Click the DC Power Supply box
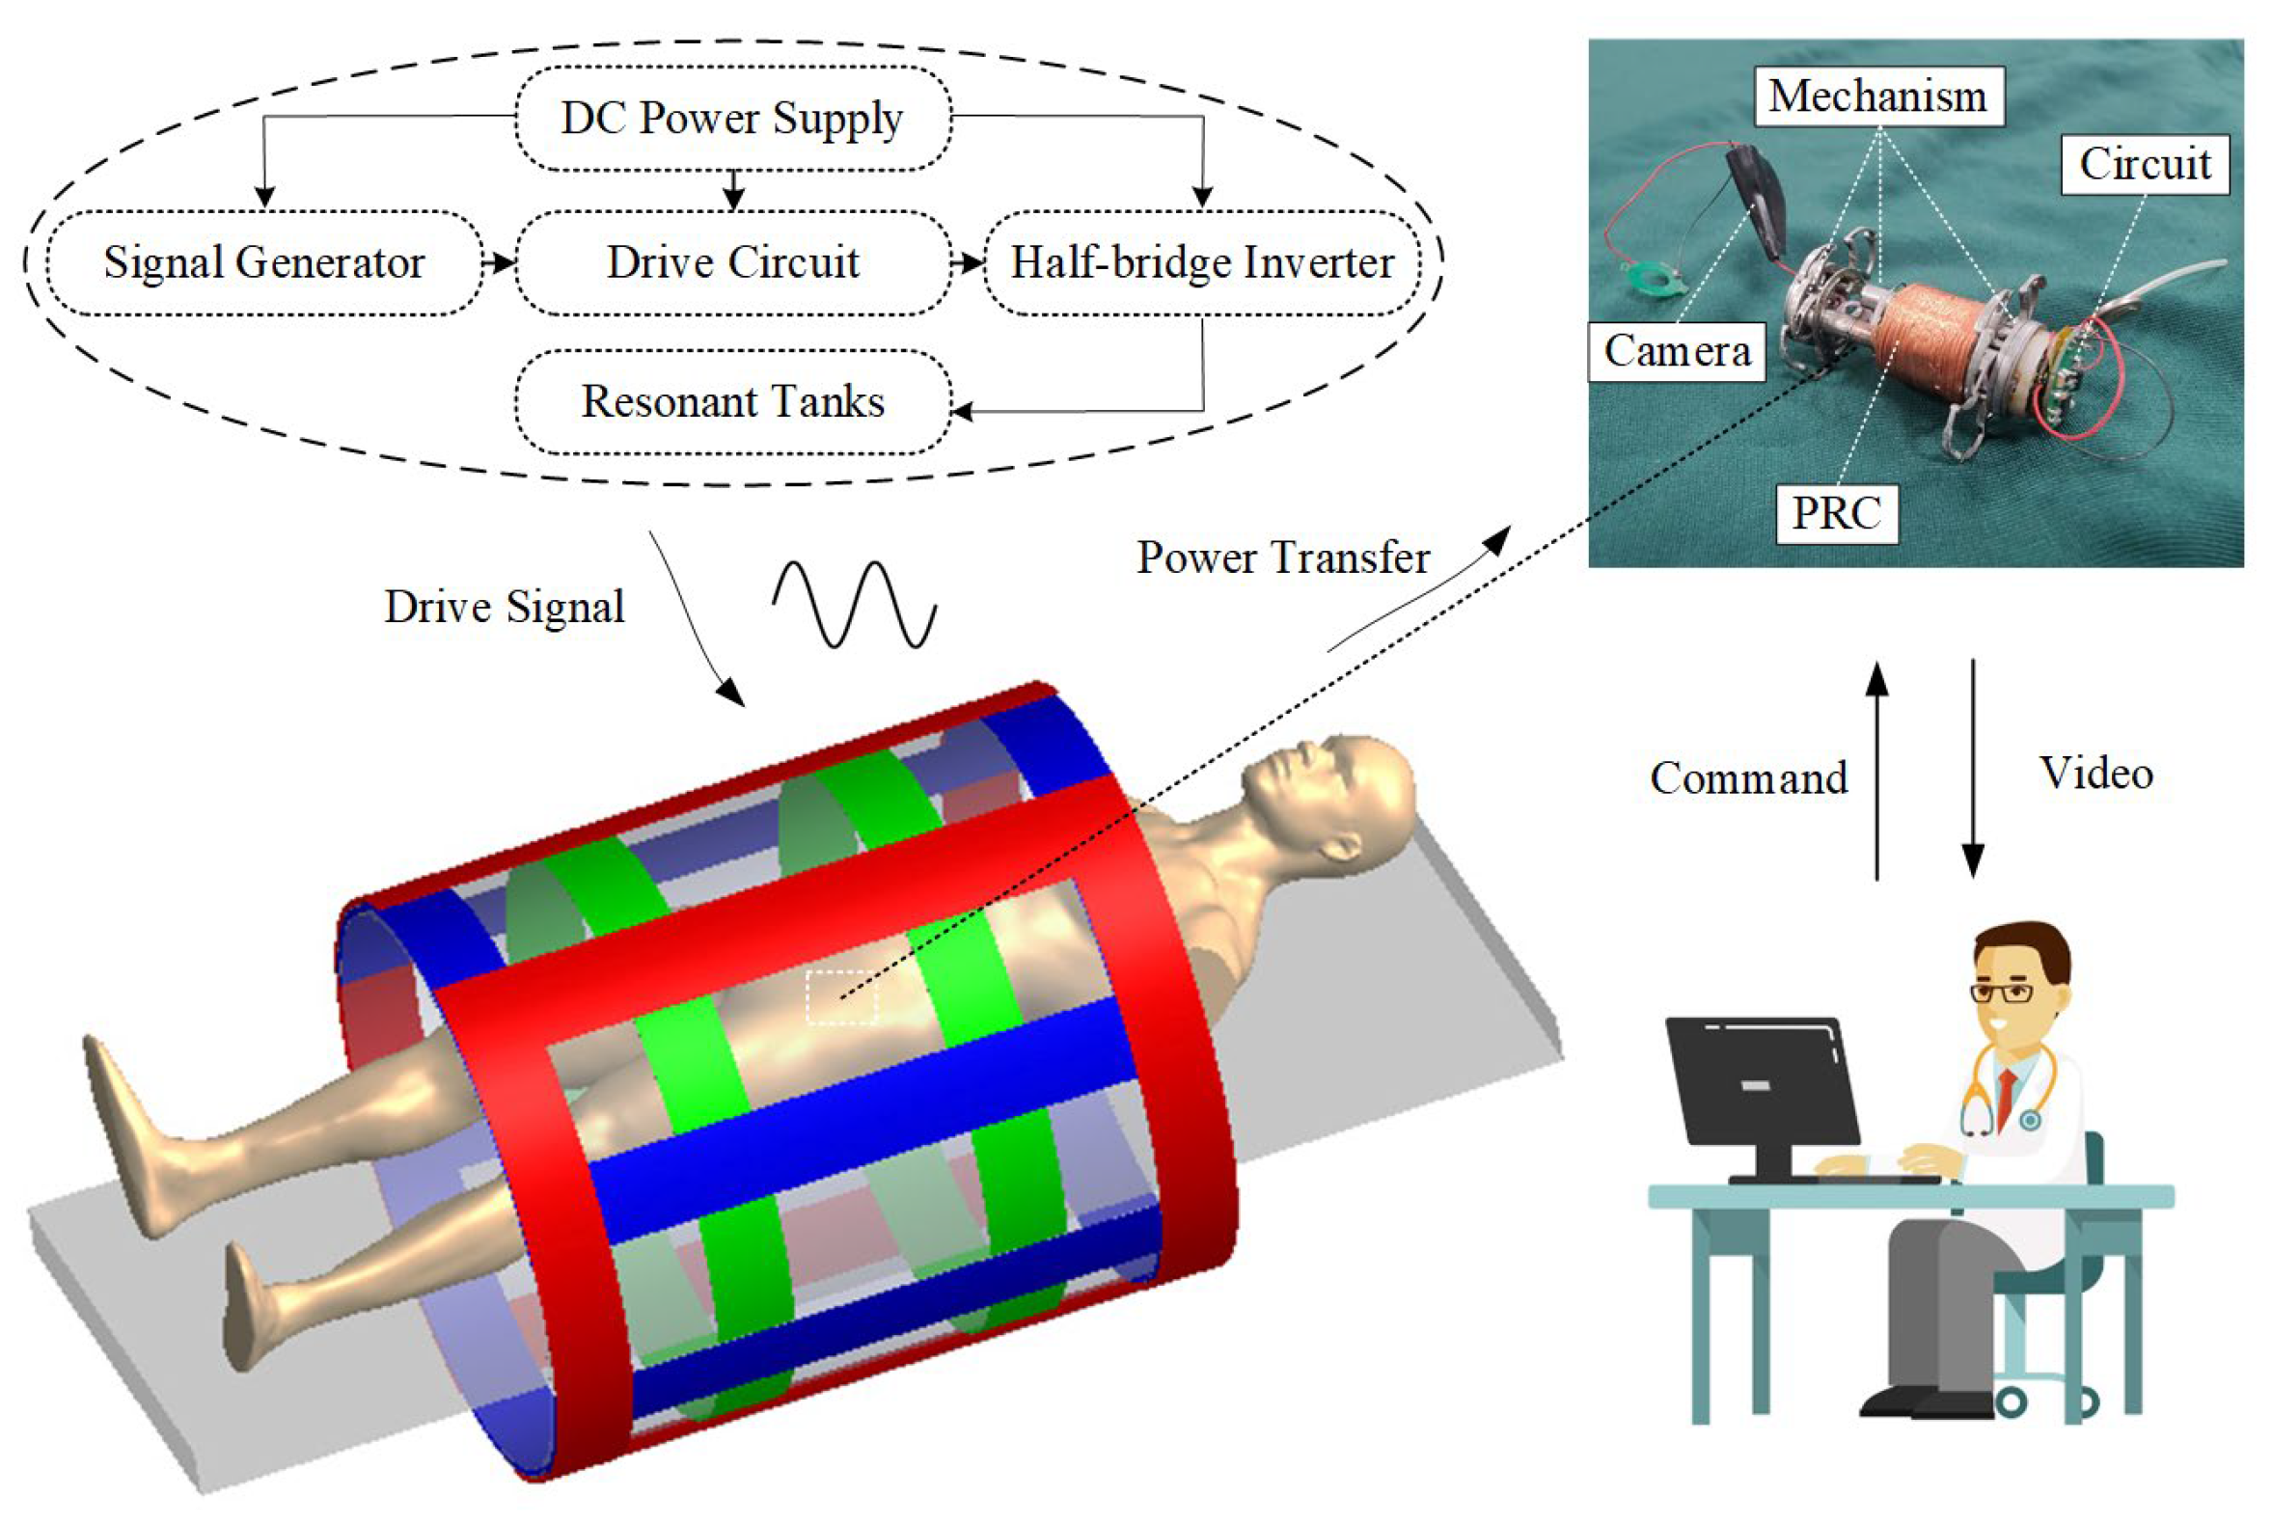tap(732, 119)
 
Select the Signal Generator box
tap(263, 262)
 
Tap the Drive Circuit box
tap(732, 262)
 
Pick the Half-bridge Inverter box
tap(1203, 262)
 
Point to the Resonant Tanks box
tap(732, 401)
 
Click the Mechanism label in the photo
tap(1878, 96)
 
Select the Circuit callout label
tap(2145, 164)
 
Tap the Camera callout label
tap(1677, 351)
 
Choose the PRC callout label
tap(1837, 513)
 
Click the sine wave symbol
tap(855, 604)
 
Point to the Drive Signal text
tap(504, 608)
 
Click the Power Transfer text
tap(1283, 558)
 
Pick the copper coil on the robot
tap(1929, 340)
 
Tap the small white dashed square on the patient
tap(841, 997)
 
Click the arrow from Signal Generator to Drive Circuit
tap(499, 262)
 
